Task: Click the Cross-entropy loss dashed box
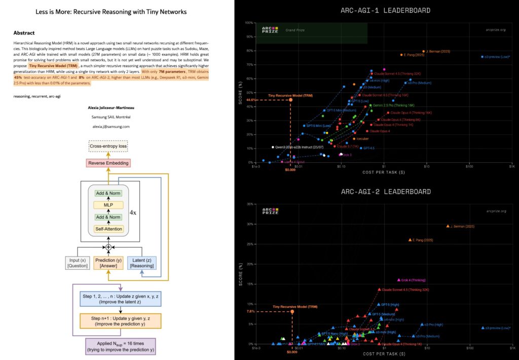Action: click(x=108, y=147)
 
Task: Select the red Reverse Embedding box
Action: click(x=108, y=163)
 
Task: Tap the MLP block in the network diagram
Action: click(x=108, y=205)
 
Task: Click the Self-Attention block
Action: click(x=108, y=229)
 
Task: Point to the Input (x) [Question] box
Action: click(x=77, y=263)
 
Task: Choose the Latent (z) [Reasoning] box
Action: click(x=141, y=263)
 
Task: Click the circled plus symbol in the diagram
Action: click(x=108, y=247)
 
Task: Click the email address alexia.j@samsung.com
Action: click(x=111, y=126)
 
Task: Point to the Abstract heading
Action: click(x=24, y=32)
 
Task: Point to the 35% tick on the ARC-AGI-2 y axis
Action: click(x=250, y=204)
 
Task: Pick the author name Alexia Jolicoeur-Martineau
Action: click(x=111, y=107)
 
